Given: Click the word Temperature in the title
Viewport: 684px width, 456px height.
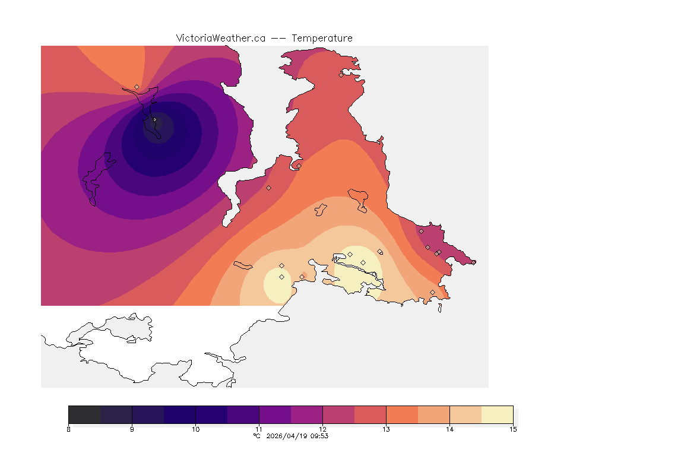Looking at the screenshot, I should (323, 38).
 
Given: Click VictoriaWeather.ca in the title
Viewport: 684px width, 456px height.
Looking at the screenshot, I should (220, 38).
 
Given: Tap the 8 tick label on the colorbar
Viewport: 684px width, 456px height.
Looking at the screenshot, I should (69, 429).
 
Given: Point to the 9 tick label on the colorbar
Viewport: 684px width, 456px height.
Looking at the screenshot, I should (132, 429).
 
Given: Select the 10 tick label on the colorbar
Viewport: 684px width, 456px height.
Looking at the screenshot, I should (195, 429).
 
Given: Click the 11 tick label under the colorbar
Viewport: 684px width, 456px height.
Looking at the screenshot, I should (259, 429).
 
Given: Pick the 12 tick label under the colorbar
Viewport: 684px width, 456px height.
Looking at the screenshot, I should (322, 429).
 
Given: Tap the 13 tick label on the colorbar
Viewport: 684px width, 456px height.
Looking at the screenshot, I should (386, 429).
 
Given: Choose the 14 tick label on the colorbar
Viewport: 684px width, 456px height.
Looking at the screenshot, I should (449, 429).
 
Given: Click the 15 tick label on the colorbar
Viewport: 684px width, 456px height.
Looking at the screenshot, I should (512, 429).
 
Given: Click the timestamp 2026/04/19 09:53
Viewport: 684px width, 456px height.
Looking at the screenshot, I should (296, 436).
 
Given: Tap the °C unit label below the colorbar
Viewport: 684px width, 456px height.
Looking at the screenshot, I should (256, 436).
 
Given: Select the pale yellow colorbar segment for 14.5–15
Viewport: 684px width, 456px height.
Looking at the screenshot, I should (497, 414).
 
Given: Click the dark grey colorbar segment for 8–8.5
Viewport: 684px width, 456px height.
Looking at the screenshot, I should (84, 414).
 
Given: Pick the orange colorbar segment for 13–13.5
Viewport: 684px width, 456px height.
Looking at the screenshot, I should (402, 414).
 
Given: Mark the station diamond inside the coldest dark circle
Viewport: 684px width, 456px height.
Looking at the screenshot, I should (154, 120).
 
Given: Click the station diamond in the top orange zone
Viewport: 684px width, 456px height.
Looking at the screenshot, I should (137, 87).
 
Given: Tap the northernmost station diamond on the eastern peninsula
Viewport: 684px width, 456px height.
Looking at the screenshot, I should (341, 75).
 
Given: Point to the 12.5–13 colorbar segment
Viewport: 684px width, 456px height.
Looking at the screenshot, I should (370, 414).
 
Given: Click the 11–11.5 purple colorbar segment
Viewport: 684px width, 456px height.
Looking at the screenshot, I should (275, 414).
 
